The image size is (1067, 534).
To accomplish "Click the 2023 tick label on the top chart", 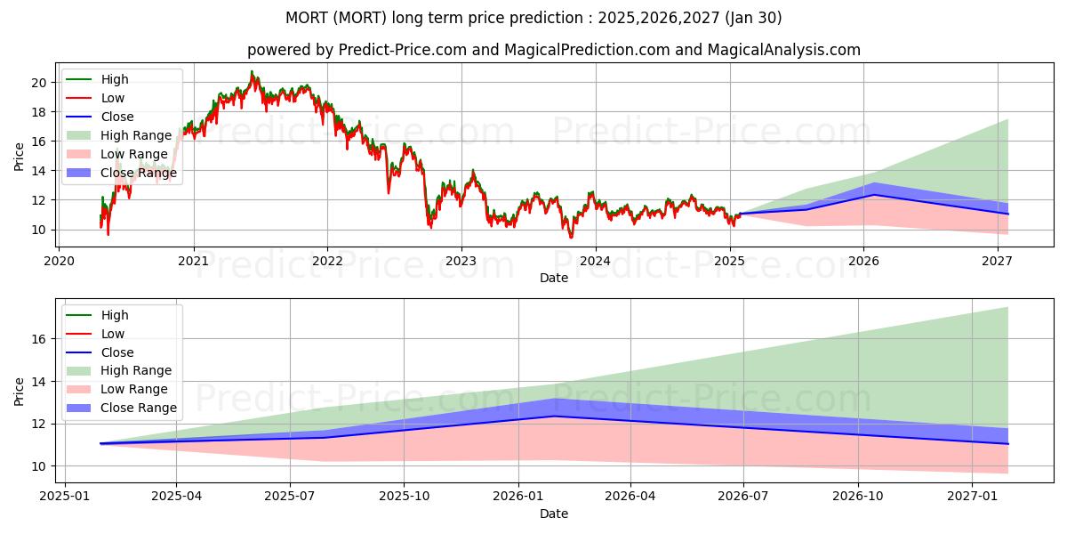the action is point(461,262).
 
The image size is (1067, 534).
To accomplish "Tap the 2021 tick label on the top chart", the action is point(193,262).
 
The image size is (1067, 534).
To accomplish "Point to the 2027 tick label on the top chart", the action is point(997,262).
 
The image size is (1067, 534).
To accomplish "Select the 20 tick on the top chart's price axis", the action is point(39,83).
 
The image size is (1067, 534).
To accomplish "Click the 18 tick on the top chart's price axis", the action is point(39,112).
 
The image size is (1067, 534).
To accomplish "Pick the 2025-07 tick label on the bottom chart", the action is point(289,497).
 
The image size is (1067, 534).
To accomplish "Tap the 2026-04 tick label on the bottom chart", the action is point(630,497).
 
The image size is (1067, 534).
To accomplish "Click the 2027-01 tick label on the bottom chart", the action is point(972,497).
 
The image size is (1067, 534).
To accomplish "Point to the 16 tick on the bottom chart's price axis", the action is point(39,339).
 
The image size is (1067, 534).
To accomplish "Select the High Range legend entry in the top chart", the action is point(119,135).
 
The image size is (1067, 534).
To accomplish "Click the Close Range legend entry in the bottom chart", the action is point(122,408).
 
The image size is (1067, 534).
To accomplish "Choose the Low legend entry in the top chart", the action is point(95,98).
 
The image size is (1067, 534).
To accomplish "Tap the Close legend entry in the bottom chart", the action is point(100,352).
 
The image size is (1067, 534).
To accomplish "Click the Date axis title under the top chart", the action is point(553,278).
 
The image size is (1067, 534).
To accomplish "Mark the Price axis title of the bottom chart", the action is point(19,392).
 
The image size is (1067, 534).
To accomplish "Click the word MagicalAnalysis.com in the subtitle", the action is point(783,50).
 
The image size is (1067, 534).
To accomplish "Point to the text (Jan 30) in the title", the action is point(753,18).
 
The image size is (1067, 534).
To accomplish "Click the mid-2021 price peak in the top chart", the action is point(252,71).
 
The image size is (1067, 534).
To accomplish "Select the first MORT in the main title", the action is point(307,18).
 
